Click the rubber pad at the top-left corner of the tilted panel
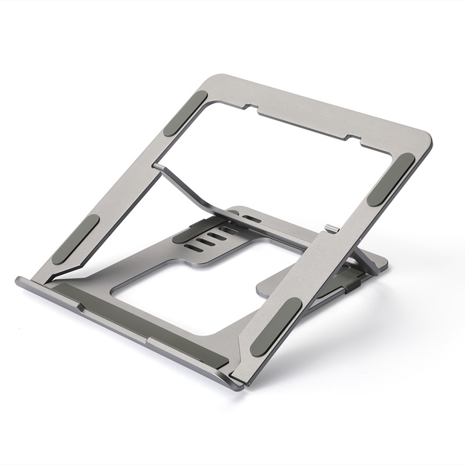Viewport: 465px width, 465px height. coord(185,113)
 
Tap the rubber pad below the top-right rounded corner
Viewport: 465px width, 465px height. coord(391,179)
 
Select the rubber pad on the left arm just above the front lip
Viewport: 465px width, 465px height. coord(76,239)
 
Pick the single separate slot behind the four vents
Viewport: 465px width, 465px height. coord(251,219)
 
